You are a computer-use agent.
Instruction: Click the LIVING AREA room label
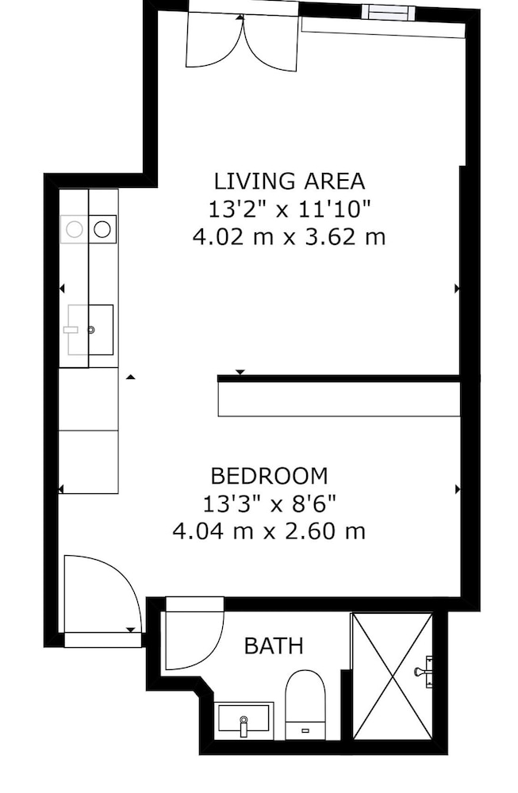click(x=290, y=181)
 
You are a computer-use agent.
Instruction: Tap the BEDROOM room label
click(x=269, y=476)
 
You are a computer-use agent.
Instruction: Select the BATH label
click(x=274, y=646)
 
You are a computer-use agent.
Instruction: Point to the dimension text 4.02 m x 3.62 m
click(x=290, y=236)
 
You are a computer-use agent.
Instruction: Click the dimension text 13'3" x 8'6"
click(x=270, y=504)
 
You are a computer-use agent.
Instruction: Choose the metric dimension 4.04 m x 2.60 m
click(x=269, y=531)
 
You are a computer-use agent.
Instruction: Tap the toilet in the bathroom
click(x=305, y=704)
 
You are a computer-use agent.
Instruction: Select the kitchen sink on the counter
click(x=90, y=330)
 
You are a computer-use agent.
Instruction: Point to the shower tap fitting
click(x=424, y=672)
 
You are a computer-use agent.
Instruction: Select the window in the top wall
click(x=391, y=13)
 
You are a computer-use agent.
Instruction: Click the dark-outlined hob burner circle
click(x=102, y=229)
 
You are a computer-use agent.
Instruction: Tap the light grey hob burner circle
click(x=75, y=230)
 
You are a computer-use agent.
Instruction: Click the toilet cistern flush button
click(x=305, y=730)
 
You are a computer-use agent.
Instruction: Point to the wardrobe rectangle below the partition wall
click(x=339, y=399)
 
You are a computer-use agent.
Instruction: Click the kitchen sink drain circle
click(x=91, y=330)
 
